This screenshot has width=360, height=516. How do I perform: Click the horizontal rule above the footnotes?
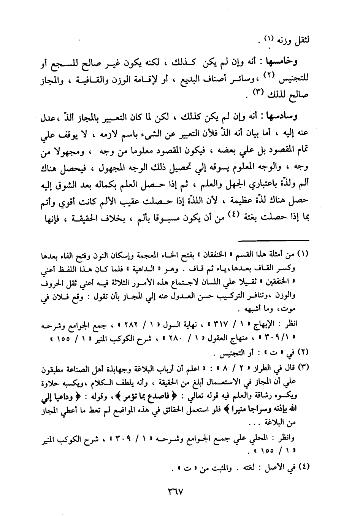(276, 240)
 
